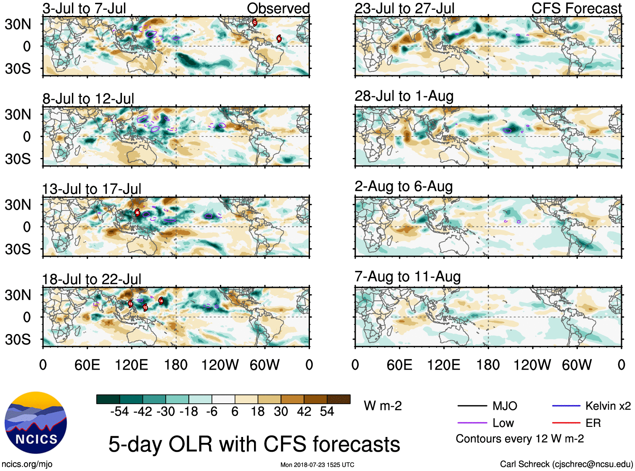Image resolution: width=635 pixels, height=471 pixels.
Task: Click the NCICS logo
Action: (x=36, y=422)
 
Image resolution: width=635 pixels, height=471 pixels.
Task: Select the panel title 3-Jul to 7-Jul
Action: (x=84, y=8)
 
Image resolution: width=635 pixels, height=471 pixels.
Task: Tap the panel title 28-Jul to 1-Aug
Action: (x=404, y=96)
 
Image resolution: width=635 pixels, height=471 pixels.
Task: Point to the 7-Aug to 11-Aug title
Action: (x=407, y=277)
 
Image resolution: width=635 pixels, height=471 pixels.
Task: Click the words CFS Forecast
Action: (x=576, y=8)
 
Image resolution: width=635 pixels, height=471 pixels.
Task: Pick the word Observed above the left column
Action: (x=278, y=8)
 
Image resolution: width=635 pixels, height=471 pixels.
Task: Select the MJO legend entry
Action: (x=505, y=406)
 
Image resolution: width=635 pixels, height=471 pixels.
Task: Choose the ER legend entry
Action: (x=593, y=423)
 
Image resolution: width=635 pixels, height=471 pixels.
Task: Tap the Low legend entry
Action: (x=503, y=423)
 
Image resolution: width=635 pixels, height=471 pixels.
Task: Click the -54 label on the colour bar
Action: (x=119, y=411)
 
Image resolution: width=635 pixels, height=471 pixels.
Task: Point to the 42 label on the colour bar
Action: (x=304, y=411)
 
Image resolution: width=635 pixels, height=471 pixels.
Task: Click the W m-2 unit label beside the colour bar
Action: (x=383, y=406)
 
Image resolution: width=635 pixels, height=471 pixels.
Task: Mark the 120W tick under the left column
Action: (x=220, y=365)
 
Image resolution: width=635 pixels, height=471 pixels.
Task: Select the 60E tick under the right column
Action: (x=399, y=365)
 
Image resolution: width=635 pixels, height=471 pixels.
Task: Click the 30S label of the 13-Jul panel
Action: (x=18, y=249)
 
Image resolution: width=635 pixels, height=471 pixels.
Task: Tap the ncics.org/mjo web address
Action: (x=27, y=464)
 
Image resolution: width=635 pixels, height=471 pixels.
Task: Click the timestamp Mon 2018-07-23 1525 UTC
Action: (x=317, y=465)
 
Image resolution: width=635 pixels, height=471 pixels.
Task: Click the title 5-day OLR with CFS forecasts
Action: (x=254, y=445)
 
